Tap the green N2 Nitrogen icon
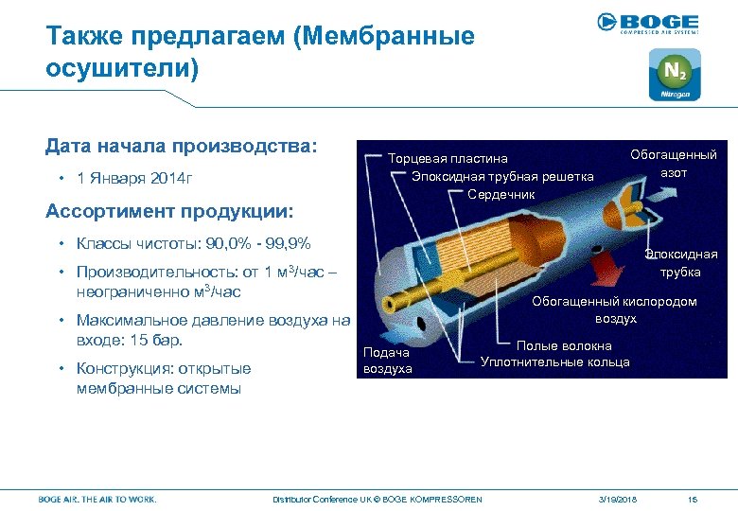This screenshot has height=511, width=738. tap(674, 75)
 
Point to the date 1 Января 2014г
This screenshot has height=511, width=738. tap(134, 179)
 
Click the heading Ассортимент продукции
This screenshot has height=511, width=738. tap(169, 209)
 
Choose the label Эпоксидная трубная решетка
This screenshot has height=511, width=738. tap(501, 176)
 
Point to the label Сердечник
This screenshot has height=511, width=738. tap(501, 194)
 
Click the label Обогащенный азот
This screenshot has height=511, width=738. tap(673, 164)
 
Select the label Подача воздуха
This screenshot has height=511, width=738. tap(388, 361)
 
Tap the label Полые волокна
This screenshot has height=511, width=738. tap(563, 346)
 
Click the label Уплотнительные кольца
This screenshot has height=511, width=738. tap(554, 361)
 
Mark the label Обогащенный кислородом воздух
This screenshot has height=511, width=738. tap(614, 309)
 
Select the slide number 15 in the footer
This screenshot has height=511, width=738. tap(693, 499)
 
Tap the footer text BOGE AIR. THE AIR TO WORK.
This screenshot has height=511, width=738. tap(97, 499)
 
